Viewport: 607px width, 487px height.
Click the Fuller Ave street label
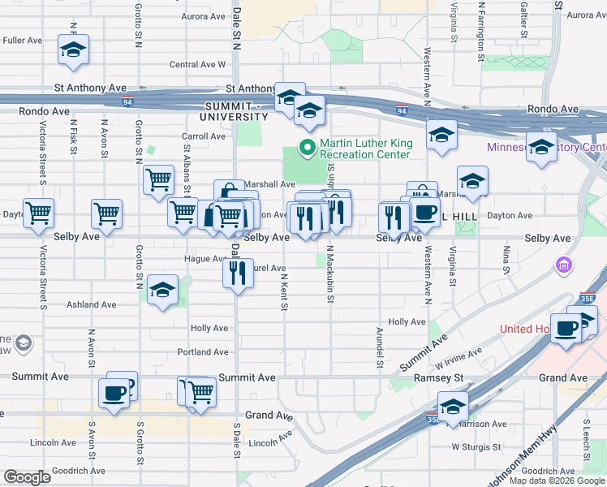pyautogui.click(x=23, y=40)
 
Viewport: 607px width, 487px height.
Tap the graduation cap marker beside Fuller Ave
pyautogui.click(x=73, y=50)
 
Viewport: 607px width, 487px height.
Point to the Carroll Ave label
pyautogui.click(x=204, y=136)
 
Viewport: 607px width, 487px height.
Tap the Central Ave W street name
pyautogui.click(x=197, y=65)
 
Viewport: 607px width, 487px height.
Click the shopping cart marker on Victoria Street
pyautogui.click(x=39, y=213)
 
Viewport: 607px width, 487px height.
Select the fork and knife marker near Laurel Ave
pyautogui.click(x=239, y=273)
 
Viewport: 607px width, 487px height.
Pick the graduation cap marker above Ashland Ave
pyautogui.click(x=163, y=293)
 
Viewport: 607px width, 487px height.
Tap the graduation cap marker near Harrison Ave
pyautogui.click(x=454, y=406)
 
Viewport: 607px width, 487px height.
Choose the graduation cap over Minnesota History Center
pyautogui.click(x=541, y=146)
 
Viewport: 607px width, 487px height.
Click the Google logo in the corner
pyautogui.click(x=28, y=477)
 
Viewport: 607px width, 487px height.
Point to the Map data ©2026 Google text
pyautogui.click(x=557, y=481)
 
